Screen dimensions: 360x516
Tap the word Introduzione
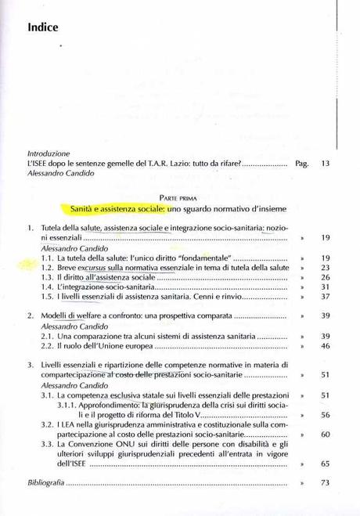[x=49, y=153]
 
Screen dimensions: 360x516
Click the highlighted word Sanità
[x=85, y=211]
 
